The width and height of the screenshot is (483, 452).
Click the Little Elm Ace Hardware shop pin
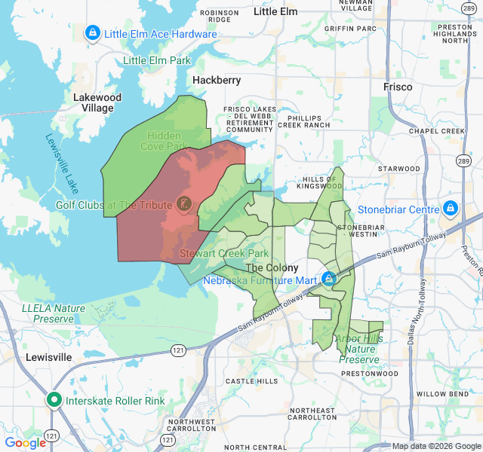pos(93,33)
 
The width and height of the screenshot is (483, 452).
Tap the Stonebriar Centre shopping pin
pos(451,208)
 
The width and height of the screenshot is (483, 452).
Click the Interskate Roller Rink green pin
pos(54,400)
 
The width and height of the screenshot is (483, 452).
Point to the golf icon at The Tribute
pos(183,203)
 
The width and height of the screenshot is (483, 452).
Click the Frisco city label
pos(398,87)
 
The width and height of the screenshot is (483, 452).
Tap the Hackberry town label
pos(217,80)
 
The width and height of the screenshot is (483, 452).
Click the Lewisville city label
pos(48,356)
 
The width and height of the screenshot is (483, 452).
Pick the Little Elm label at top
pos(275,11)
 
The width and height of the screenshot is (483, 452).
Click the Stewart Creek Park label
pos(224,254)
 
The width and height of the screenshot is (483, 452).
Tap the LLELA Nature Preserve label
pos(54,313)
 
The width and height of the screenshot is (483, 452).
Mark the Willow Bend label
pos(443,394)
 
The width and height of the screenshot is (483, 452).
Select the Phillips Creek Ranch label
pos(303,121)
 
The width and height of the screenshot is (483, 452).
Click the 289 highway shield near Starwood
pos(462,160)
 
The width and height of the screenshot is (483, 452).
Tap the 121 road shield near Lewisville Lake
pos(178,350)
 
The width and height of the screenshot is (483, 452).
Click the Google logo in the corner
pos(25,443)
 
